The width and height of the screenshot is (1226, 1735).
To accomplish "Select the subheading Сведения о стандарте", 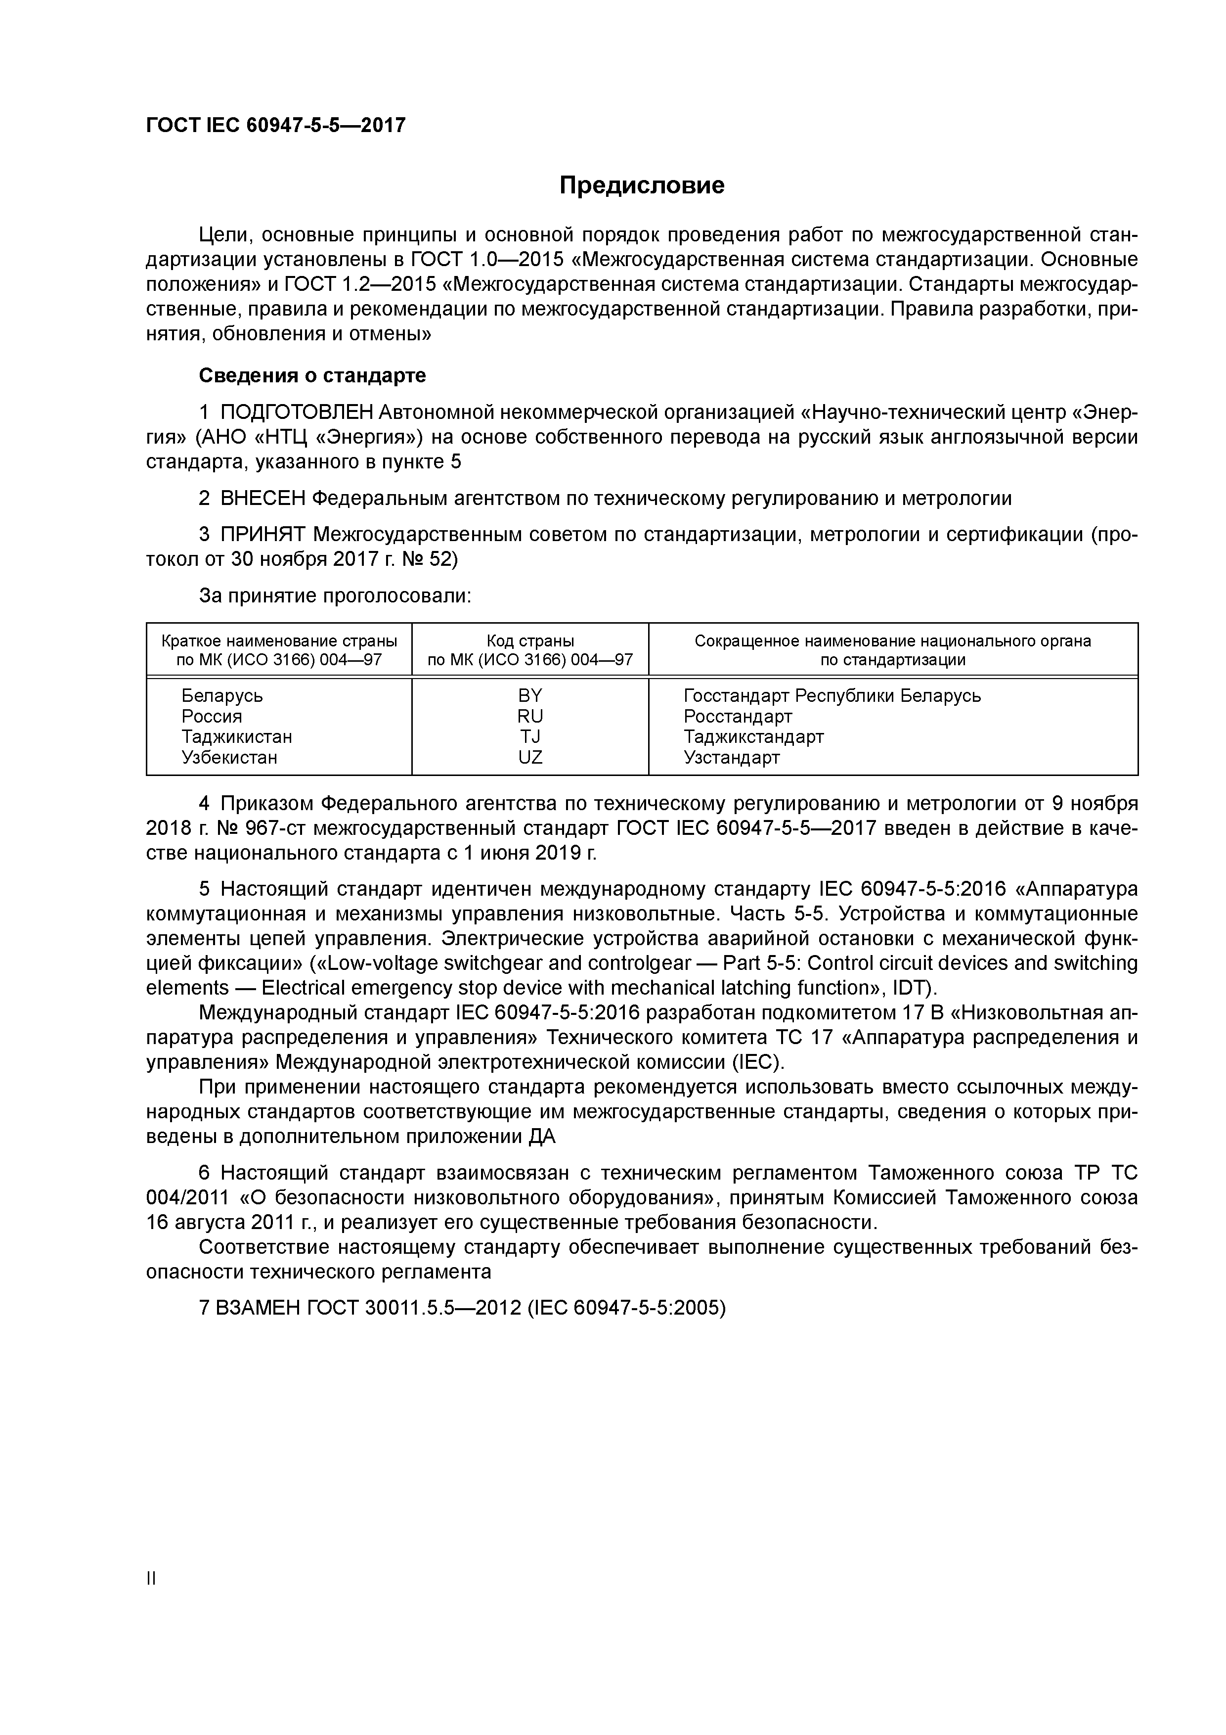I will coord(312,375).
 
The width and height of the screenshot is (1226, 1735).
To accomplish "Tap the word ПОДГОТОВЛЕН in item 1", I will coord(297,412).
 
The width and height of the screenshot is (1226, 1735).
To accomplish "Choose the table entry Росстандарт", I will coord(737,716).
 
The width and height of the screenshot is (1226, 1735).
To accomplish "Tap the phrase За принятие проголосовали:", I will coord(335,596).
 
